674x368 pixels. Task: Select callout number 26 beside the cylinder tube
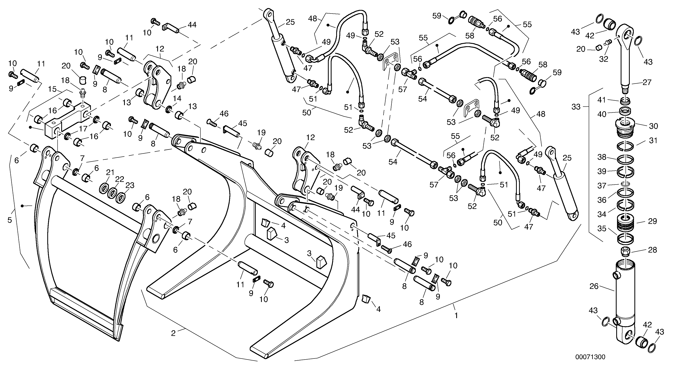[x=594, y=286]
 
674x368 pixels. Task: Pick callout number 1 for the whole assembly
[x=456, y=316]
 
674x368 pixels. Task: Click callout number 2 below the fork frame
[x=173, y=333]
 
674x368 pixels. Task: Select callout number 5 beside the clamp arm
[x=10, y=220]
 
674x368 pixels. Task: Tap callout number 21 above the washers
[x=110, y=173]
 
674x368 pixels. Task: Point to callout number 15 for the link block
[x=52, y=89]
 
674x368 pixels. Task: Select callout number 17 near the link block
[x=83, y=129]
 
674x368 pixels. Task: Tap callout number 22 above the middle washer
[x=120, y=179]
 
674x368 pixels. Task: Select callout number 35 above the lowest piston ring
[x=602, y=229]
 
